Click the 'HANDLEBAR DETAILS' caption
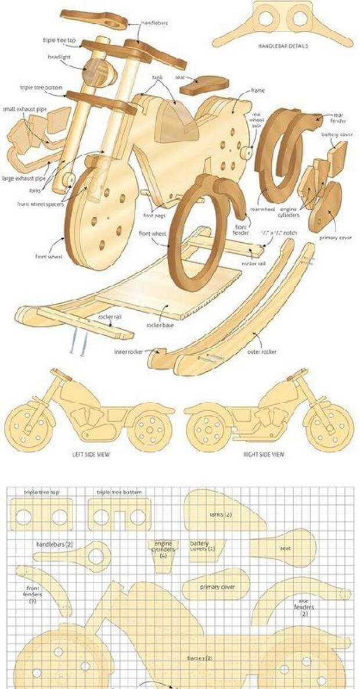(282, 45)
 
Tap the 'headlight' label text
(60, 57)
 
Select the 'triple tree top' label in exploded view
(59, 40)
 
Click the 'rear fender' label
(338, 118)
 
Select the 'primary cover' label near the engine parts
(335, 237)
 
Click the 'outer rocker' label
(263, 351)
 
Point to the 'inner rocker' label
(128, 351)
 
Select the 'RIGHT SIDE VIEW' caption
(264, 454)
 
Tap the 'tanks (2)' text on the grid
(221, 515)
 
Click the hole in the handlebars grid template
(96, 556)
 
